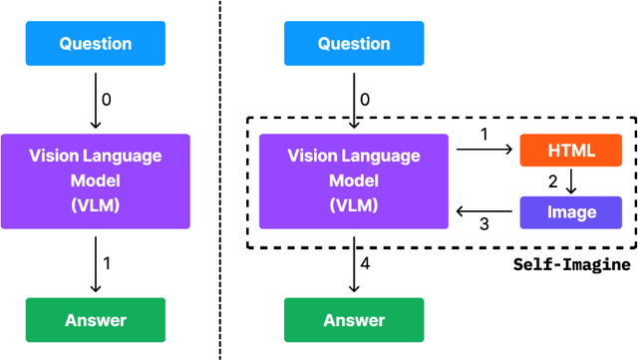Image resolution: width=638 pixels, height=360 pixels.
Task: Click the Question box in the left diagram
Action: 96,44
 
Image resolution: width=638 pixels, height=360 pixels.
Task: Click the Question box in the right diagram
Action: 354,44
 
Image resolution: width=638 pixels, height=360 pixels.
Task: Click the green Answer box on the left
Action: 96,320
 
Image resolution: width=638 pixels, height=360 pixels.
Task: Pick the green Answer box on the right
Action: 354,320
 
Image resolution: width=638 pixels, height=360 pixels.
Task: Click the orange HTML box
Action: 570,151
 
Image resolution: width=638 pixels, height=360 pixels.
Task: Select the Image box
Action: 570,211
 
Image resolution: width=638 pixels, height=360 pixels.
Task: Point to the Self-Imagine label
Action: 571,264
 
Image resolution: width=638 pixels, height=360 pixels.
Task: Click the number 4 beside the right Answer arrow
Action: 365,264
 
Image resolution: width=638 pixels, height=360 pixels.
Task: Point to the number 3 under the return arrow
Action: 484,225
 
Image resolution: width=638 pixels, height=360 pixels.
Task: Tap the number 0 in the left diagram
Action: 107,100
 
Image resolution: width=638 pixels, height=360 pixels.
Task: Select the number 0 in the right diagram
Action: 365,100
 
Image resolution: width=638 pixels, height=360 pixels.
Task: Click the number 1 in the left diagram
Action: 107,264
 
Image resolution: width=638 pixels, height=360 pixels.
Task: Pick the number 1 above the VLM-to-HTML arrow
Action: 484,135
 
